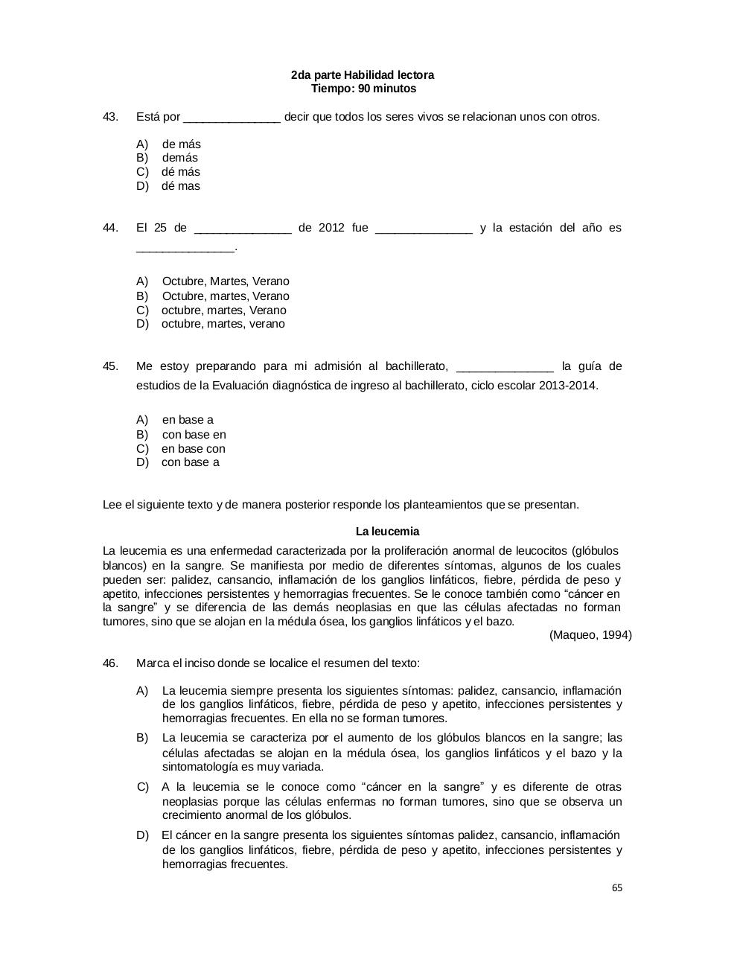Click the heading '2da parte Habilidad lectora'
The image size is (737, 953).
(x=363, y=75)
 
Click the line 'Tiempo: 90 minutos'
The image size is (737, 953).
(x=363, y=89)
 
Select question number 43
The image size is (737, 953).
(x=110, y=117)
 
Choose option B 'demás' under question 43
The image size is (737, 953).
(x=179, y=158)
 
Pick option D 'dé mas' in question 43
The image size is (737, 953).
(x=180, y=186)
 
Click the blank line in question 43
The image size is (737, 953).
(x=232, y=118)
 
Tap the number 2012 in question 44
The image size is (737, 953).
(x=331, y=228)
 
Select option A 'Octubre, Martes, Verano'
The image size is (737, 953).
(x=225, y=281)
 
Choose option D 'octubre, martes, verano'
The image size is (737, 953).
(x=223, y=324)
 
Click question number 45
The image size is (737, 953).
(x=110, y=366)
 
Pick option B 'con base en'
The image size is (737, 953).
(x=194, y=435)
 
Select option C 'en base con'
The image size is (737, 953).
(x=193, y=449)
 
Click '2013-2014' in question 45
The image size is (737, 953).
(x=567, y=386)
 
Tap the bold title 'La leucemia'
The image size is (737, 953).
(x=387, y=532)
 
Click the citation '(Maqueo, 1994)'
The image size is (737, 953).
(x=590, y=635)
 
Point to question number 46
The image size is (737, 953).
(x=110, y=663)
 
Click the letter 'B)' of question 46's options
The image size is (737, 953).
(x=143, y=738)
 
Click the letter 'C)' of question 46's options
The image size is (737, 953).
(x=144, y=787)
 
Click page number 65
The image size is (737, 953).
(x=616, y=888)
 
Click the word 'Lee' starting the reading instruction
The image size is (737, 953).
(x=112, y=505)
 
